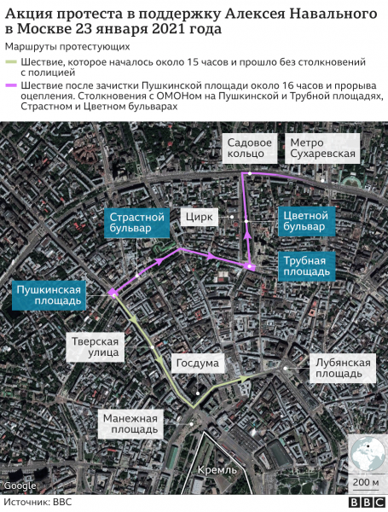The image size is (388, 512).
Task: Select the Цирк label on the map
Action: [197, 217]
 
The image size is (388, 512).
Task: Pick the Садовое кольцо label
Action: [249, 148]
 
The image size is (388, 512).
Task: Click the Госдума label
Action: [197, 363]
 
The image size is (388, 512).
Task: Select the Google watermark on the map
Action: [20, 486]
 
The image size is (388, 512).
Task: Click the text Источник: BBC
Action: [39, 503]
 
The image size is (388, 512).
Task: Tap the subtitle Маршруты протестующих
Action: [67, 46]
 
